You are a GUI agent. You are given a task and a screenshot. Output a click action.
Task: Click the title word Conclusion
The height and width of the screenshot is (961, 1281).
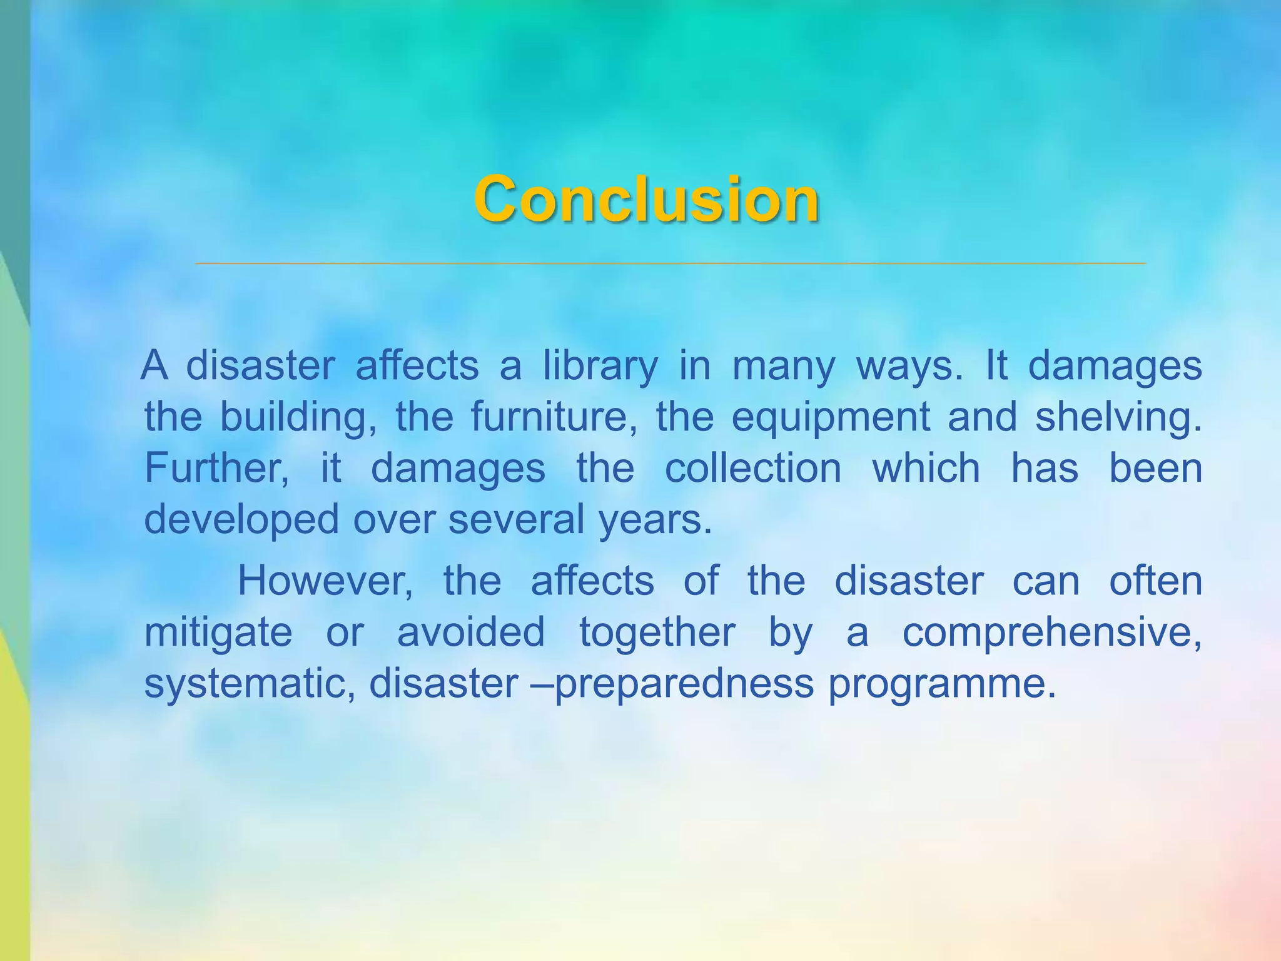(646, 199)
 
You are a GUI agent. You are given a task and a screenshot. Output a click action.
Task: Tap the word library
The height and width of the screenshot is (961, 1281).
(600, 366)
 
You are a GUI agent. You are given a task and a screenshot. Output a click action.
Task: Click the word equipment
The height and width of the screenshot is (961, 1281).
(831, 417)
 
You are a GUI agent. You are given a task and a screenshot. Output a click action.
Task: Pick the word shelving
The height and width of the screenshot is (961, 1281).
(1118, 417)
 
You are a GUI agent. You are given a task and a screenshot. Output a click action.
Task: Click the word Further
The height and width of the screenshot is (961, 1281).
(216, 468)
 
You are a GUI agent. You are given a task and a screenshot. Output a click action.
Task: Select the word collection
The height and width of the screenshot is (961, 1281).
(753, 468)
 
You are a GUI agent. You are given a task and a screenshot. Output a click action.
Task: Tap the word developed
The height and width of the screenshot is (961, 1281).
(241, 519)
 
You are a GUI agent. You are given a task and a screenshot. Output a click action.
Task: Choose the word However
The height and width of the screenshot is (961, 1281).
(325, 581)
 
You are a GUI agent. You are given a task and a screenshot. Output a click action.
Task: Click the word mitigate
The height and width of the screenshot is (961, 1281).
(218, 632)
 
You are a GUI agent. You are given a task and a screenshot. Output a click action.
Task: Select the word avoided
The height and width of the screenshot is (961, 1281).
(471, 632)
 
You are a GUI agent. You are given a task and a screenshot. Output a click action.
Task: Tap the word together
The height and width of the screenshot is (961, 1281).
(657, 632)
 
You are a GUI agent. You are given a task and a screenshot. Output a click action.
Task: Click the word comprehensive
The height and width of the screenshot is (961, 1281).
(1051, 632)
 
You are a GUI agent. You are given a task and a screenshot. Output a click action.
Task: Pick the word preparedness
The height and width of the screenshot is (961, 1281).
(684, 683)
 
